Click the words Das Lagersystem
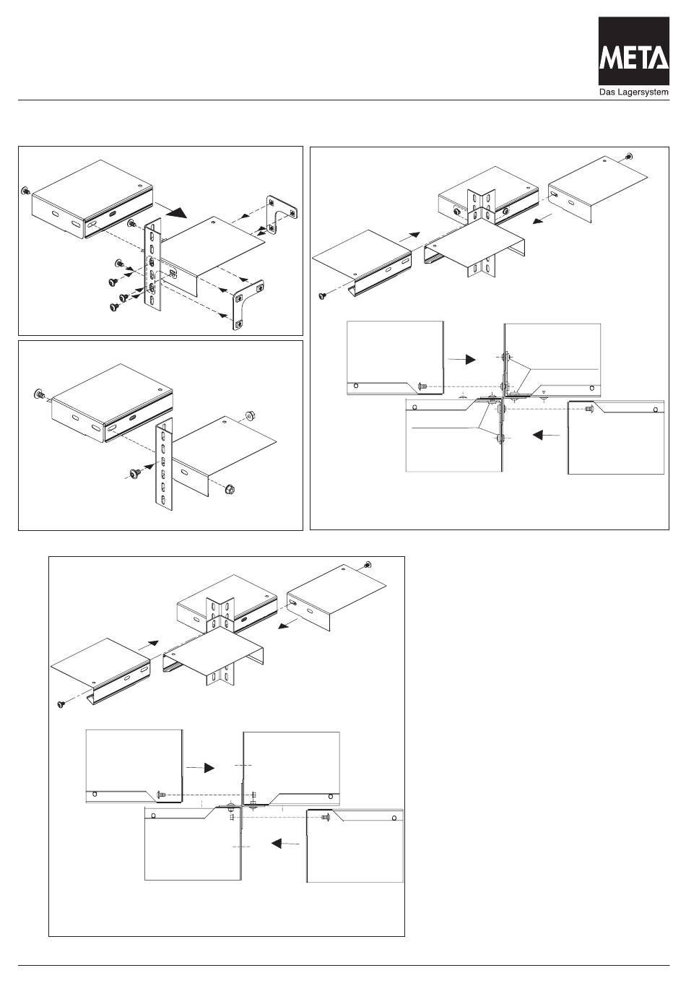point(629,92)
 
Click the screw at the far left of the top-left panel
point(25,191)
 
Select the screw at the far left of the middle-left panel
point(38,394)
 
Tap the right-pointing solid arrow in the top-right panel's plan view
point(470,358)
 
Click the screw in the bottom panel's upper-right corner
point(369,564)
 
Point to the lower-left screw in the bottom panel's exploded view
point(61,704)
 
